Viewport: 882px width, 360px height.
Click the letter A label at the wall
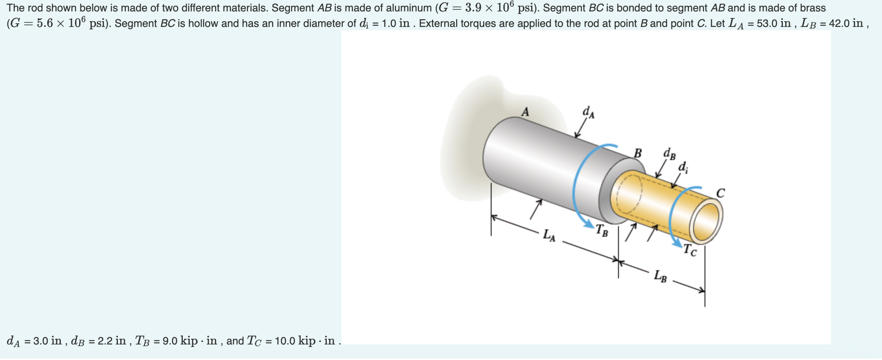point(525,111)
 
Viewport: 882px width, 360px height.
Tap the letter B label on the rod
point(638,153)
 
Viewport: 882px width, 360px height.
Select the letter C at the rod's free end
point(720,193)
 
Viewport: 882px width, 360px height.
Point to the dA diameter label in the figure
point(588,112)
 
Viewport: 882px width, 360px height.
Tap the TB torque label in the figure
point(602,231)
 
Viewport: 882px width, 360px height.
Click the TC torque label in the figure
point(690,249)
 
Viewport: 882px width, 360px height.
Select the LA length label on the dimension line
point(549,236)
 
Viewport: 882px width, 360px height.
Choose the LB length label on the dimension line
point(660,276)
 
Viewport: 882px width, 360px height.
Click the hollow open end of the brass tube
point(706,221)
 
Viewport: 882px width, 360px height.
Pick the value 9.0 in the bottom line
point(170,341)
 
